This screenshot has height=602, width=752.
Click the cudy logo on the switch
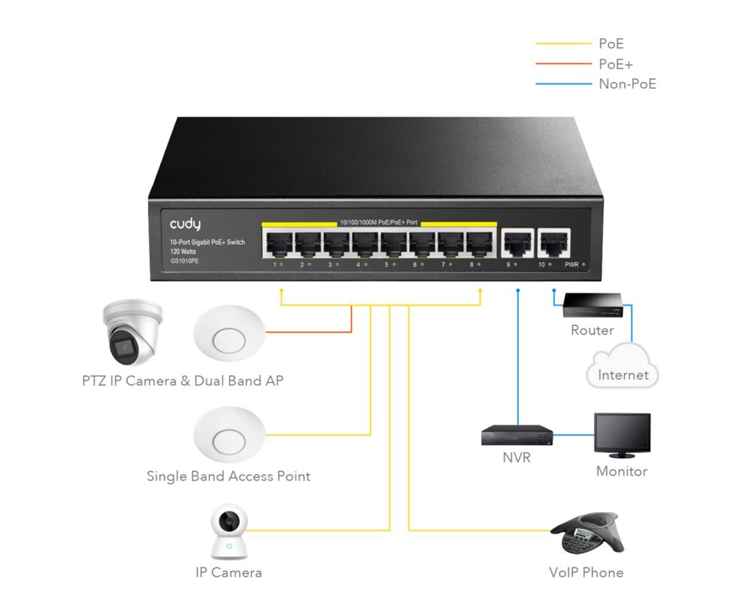(x=185, y=224)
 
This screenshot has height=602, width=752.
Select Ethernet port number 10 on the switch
(x=553, y=243)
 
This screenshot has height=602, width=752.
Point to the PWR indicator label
(x=570, y=265)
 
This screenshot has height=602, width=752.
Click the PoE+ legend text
(x=616, y=64)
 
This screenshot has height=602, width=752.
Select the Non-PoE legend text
(x=627, y=84)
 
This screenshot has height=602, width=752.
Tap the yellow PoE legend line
(x=563, y=44)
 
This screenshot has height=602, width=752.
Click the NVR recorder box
(x=517, y=434)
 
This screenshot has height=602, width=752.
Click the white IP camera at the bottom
(x=228, y=532)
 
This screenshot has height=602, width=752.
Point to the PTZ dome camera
(x=133, y=331)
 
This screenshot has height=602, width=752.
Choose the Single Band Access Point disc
(x=229, y=435)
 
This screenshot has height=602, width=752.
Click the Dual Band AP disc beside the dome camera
(x=229, y=334)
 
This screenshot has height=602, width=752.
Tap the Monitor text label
(x=621, y=471)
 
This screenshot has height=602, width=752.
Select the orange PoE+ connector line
(x=308, y=331)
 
